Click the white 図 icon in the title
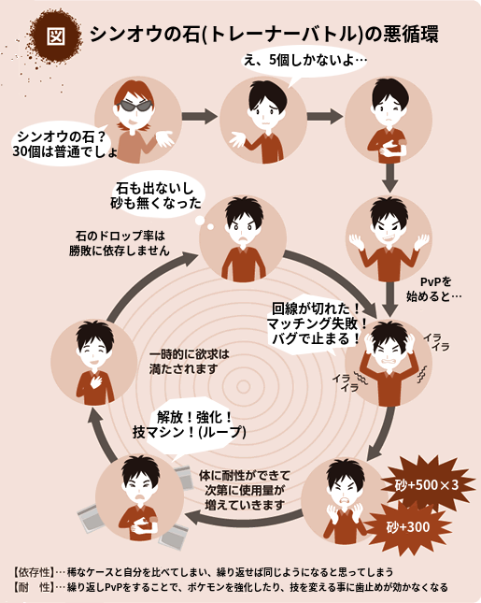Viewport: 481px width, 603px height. (x=56, y=36)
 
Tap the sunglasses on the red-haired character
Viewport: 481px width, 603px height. (x=134, y=106)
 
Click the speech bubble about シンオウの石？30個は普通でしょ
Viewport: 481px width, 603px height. (x=63, y=144)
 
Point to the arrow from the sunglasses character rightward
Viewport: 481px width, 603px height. (x=199, y=116)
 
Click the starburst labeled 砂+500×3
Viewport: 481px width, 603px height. (x=427, y=485)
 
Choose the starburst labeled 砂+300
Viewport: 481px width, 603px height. (x=408, y=527)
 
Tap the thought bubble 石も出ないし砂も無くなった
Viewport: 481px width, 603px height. (x=158, y=196)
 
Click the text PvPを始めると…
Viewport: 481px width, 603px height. (x=434, y=289)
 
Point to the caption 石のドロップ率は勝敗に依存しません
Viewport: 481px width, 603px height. (x=120, y=243)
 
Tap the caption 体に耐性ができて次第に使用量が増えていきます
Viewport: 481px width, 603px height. (x=245, y=490)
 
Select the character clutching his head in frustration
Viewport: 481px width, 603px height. (x=389, y=363)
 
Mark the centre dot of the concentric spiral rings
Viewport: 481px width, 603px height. (x=243, y=387)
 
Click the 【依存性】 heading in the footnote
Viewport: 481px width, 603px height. (x=33, y=572)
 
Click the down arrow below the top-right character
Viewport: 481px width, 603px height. (x=389, y=178)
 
